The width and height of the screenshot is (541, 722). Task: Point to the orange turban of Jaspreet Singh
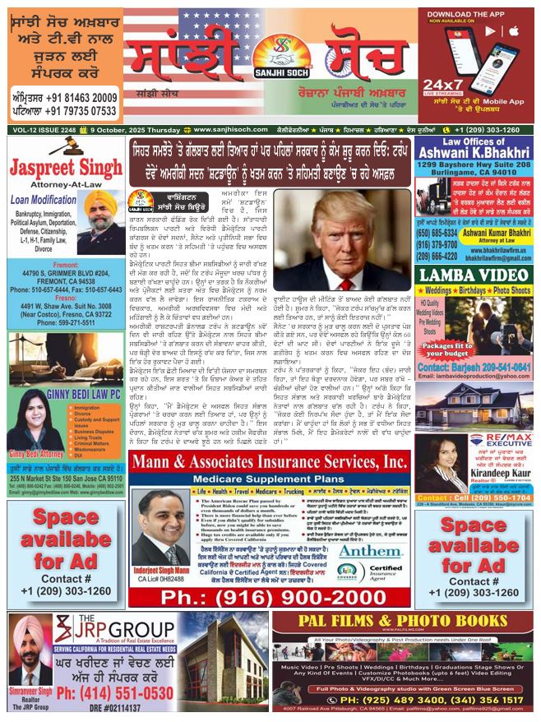[101, 201]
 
